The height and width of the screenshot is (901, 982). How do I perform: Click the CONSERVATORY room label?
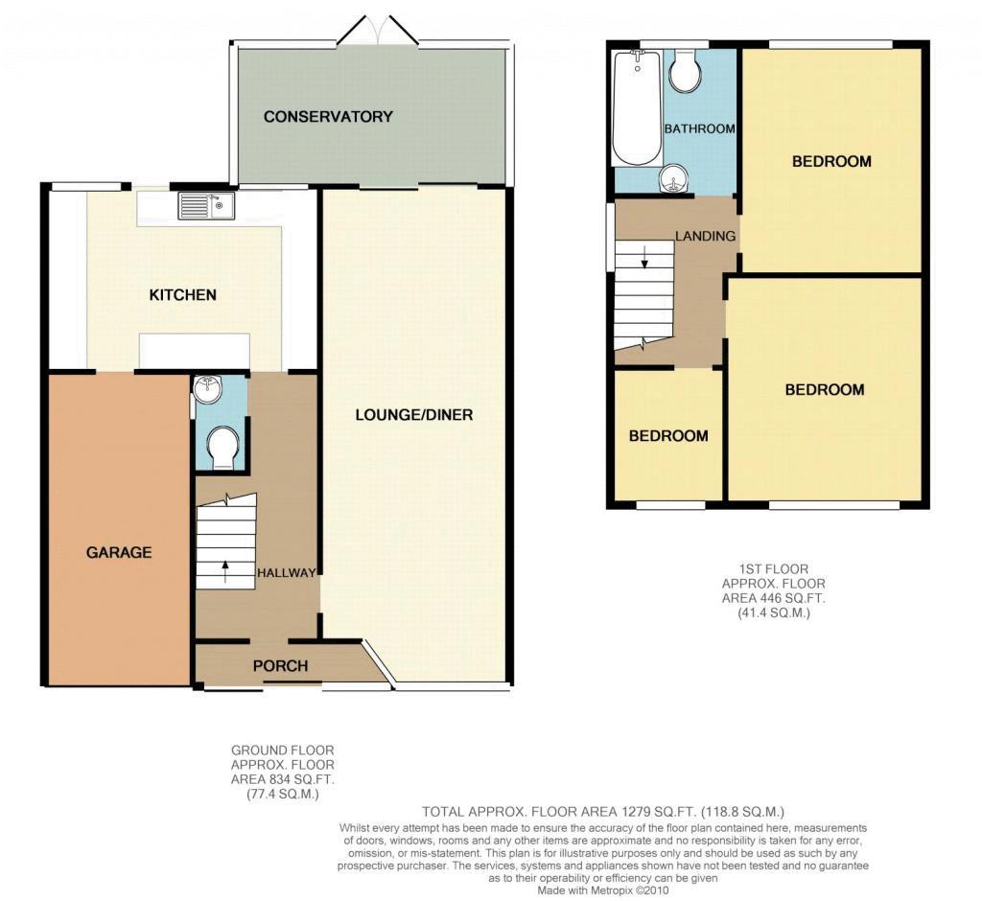coord(328,117)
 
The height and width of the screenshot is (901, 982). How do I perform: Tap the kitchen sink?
coord(206,205)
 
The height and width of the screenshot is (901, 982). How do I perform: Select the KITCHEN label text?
coord(183,295)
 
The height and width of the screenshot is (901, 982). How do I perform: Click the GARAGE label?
coord(119,552)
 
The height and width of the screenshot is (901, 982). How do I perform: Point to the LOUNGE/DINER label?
coord(414,414)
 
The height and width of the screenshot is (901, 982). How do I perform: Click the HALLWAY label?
coord(286,572)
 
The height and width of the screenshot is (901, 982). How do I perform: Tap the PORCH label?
coord(281,665)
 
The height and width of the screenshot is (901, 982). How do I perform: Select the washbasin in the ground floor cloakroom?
coord(208,390)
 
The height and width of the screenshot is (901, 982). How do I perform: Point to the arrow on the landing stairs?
coord(643,256)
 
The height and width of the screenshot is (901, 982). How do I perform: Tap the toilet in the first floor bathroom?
coord(685,70)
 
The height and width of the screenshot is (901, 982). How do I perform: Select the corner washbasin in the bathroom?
coord(674,178)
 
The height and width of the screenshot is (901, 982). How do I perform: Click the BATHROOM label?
coord(699,129)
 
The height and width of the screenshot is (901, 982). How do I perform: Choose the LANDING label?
coord(705,236)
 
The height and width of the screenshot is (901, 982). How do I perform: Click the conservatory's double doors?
coord(378,30)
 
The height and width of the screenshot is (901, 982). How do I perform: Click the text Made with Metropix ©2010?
coord(603,889)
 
